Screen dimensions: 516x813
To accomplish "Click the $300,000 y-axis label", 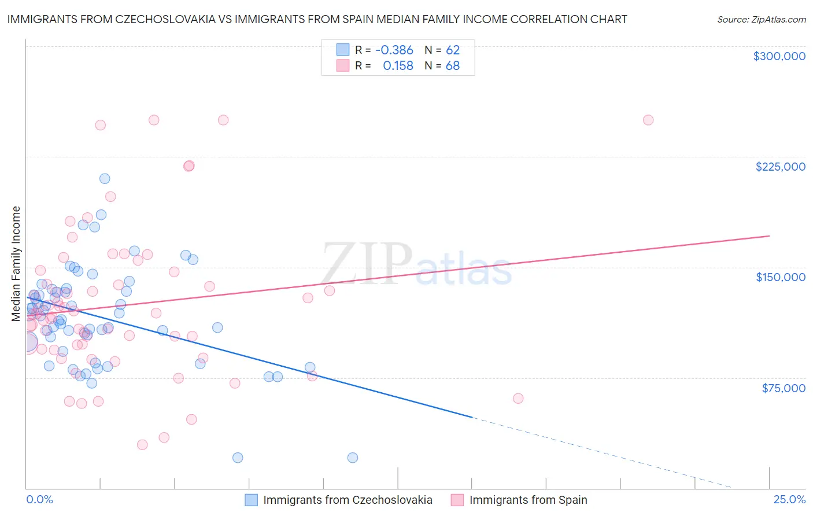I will coord(779,56).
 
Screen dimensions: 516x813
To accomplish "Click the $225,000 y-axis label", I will coord(780,167).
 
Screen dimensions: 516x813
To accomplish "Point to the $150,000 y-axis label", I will coord(780,277).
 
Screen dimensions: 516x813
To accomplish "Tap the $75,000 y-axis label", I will coord(783,388).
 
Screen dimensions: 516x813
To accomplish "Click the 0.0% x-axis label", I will coord(39,500).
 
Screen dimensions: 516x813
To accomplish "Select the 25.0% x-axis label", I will coord(789,500).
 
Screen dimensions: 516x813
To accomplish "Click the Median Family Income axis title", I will coord(16,264).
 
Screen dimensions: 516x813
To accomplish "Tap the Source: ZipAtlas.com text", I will coord(761,19).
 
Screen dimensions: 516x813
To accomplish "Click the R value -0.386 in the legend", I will coord(394,50).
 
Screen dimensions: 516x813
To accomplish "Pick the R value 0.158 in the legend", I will coord(398,66).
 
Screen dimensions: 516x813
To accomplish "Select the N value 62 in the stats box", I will coord(452,50).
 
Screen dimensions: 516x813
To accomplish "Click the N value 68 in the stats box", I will coord(452,66).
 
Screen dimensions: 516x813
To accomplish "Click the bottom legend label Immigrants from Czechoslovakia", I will coord(348,500).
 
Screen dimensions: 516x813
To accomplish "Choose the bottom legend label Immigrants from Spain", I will coord(528,500).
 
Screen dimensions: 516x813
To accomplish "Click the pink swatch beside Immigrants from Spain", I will coord(457,500).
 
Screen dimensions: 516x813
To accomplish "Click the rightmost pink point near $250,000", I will coord(648,120).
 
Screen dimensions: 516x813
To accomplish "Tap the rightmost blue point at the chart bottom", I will coord(353,458).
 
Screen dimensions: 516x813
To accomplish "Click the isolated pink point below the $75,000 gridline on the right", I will coord(518,399).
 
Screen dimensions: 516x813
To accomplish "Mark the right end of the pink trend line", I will coord(769,236).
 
